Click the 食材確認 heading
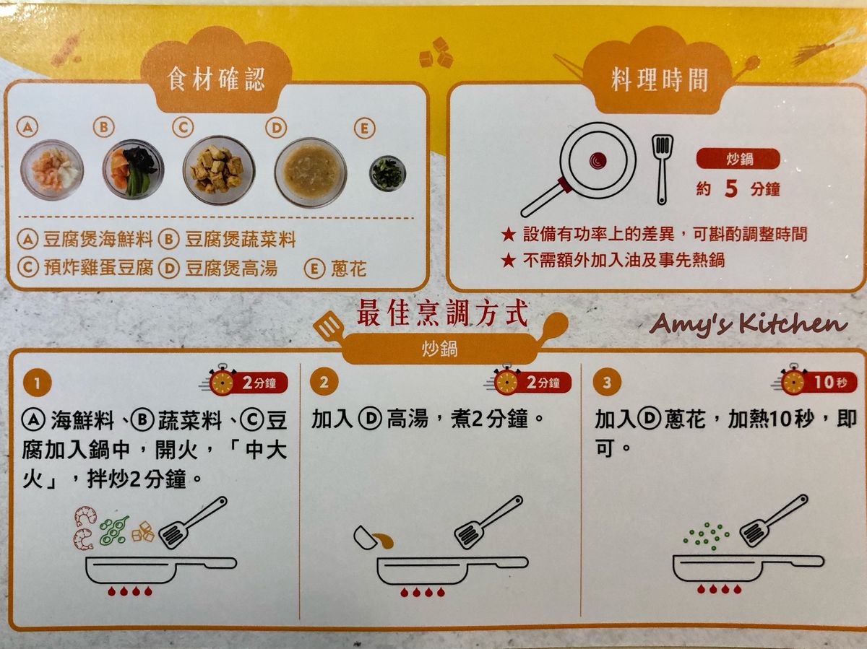pyautogui.click(x=215, y=79)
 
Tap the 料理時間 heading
pyautogui.click(x=660, y=79)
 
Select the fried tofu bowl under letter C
pyautogui.click(x=219, y=170)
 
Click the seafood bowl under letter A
pyautogui.click(x=52, y=170)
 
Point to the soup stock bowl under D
pyautogui.click(x=311, y=173)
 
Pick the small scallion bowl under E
pyautogui.click(x=388, y=173)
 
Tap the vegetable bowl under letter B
pyautogui.click(x=134, y=169)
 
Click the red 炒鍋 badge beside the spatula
pyautogui.click(x=738, y=159)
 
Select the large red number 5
pyautogui.click(x=731, y=188)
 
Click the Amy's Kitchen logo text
pyautogui.click(x=749, y=325)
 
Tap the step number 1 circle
pyautogui.click(x=38, y=383)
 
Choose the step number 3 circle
pyautogui.click(x=607, y=382)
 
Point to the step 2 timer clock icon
pyautogui.click(x=506, y=382)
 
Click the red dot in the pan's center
pyautogui.click(x=598, y=160)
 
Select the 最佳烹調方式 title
pyautogui.click(x=442, y=313)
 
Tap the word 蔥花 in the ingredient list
pyautogui.click(x=349, y=269)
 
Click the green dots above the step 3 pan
pyautogui.click(x=707, y=536)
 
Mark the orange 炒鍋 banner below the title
pyautogui.click(x=439, y=349)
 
